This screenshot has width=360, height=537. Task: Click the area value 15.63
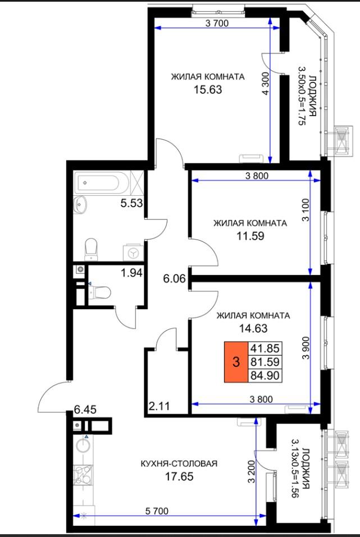point(208,90)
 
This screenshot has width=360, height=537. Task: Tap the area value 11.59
point(250,236)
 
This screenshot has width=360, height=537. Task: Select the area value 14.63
point(253,328)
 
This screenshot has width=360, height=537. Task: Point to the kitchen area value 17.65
point(179,476)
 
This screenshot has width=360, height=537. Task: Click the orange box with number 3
point(236,362)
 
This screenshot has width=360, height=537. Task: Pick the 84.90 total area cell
point(265,375)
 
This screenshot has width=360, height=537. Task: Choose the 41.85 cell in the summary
point(265,348)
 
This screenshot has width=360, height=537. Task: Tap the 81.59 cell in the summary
point(265,362)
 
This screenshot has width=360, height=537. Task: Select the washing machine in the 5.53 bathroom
point(133,253)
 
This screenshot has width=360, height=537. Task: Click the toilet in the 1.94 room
point(100,292)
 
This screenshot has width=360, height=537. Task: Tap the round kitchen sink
point(83,446)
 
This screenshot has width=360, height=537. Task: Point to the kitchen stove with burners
point(84,475)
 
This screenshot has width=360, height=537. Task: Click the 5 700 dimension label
point(157,511)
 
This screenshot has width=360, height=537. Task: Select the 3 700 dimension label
point(217,24)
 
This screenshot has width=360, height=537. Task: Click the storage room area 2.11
point(159,406)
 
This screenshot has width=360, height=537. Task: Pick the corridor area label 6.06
point(174,279)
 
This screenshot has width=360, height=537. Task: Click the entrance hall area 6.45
point(85,410)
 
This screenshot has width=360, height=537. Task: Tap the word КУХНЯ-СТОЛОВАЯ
point(179,463)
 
